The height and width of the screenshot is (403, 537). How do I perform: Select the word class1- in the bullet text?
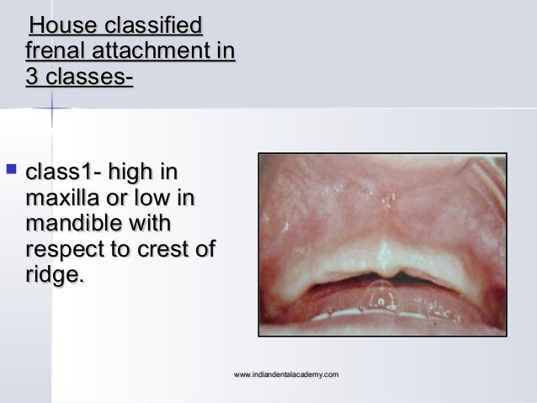61,173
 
